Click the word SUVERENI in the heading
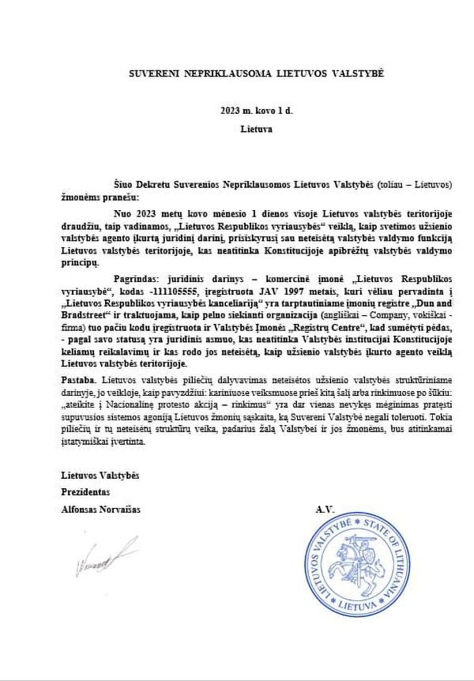coord(153,73)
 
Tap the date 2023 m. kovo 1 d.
coord(256,111)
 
